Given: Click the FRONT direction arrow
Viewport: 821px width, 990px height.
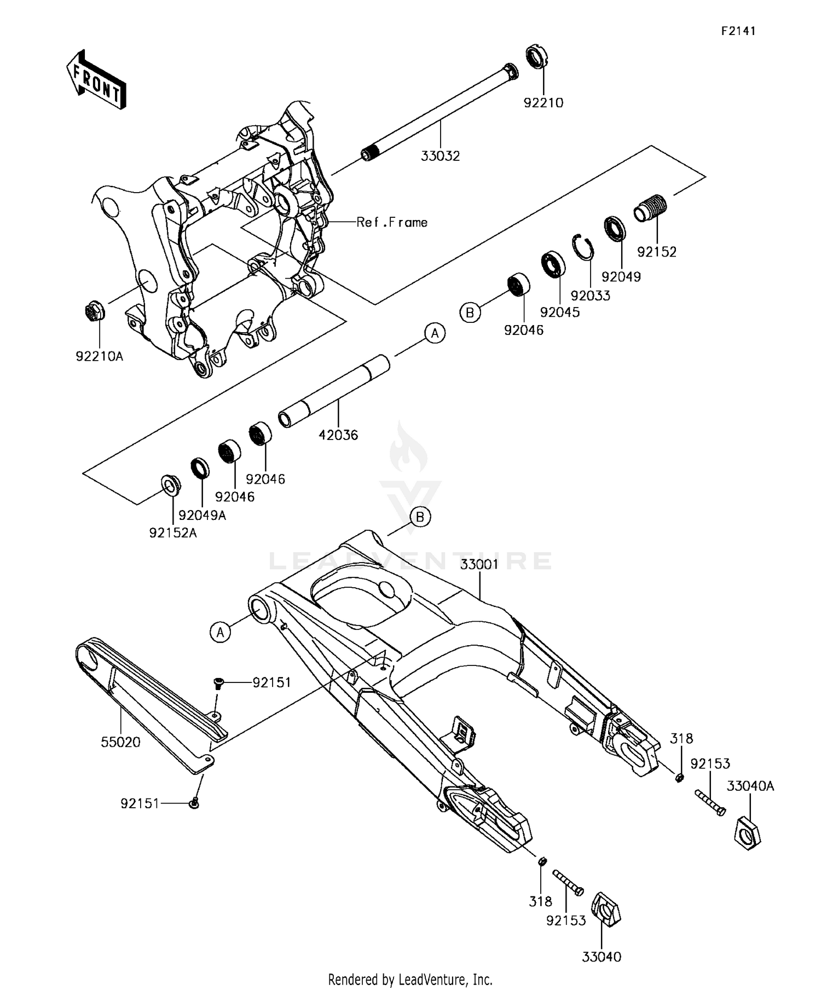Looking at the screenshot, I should coord(96,80).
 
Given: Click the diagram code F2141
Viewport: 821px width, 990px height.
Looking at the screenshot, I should coord(738,31).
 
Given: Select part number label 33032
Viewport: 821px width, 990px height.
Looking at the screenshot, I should coord(440,156).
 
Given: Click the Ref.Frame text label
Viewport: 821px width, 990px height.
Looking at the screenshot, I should coord(392,222).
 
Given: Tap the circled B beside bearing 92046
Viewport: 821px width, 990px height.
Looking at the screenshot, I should coord(470,312).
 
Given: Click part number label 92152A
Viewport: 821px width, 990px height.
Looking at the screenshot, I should coord(173,532).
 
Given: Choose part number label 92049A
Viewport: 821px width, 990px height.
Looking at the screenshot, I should coord(202,515).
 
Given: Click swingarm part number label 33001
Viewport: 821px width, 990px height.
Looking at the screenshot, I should coord(479,564).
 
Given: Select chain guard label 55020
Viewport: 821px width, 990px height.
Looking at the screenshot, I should coord(120,742).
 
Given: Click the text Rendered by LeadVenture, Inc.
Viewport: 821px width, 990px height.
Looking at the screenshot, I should coord(410,980).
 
